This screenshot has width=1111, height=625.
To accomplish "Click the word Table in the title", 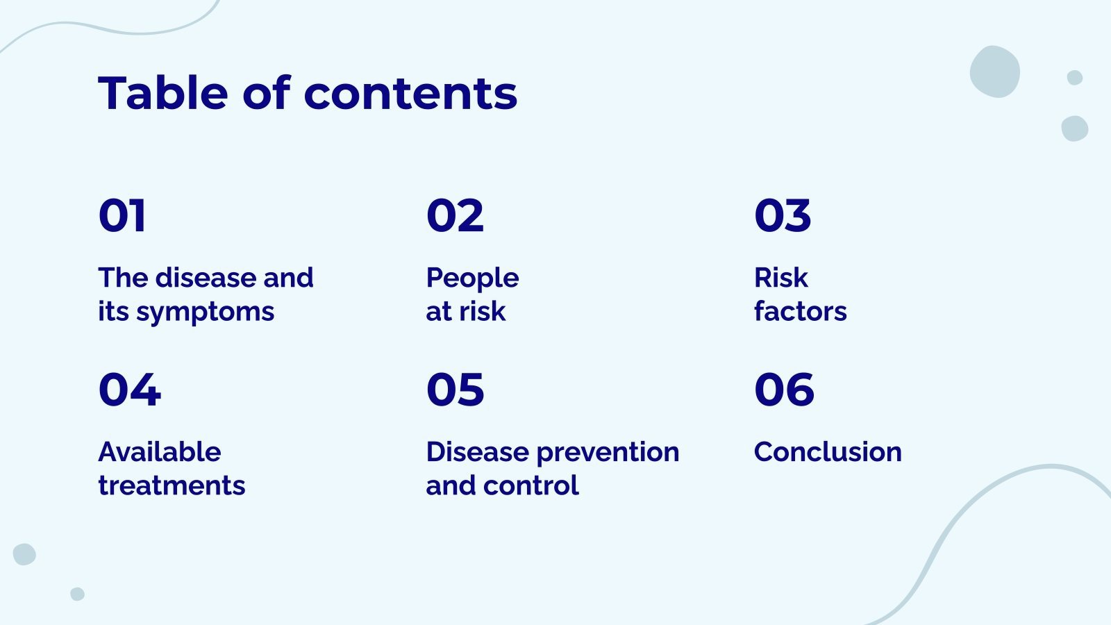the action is pos(163,93).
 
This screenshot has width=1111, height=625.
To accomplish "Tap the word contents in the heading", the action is pos(410,94).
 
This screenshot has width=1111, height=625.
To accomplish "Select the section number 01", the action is pos(122,215).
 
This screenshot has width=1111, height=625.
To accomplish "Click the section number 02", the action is pos(455,215).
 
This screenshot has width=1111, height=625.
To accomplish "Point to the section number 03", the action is pos(783,215).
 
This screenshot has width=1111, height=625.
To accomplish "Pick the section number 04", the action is pos(129,390).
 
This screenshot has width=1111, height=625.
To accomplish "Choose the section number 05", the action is pos(455,390).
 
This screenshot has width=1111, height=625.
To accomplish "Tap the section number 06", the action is pos(784,390).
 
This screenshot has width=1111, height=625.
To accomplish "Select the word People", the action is pos(473,278).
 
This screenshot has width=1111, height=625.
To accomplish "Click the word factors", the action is pos(801,311).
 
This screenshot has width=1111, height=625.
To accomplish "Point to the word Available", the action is pos(160,451).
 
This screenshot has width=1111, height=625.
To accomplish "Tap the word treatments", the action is pos(172,485).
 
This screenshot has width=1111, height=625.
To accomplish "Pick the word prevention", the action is pos(608,453).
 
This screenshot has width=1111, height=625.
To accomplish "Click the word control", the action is pos(531,485).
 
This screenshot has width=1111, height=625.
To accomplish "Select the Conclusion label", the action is pos(828,452).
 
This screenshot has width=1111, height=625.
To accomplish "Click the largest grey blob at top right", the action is pos(994,72).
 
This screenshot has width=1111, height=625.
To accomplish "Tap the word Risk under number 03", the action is pos(781,277).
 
